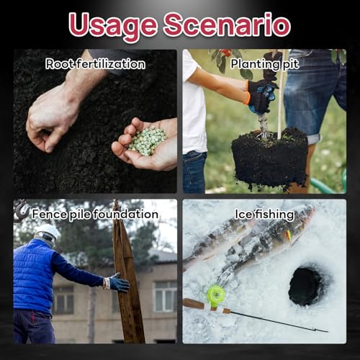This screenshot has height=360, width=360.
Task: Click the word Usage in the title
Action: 112,27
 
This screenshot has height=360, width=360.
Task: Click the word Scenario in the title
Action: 228,24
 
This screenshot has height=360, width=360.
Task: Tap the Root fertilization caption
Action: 95,64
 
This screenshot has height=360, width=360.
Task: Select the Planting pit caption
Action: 265,64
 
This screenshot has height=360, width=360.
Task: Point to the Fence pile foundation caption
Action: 95,214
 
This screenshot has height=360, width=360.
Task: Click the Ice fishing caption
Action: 264,214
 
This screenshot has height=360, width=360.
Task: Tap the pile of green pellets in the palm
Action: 147,142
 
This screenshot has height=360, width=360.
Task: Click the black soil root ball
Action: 270,158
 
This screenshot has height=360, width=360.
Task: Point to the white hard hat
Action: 48,231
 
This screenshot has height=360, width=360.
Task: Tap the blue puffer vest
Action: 34,276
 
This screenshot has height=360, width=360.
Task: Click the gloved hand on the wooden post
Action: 118,283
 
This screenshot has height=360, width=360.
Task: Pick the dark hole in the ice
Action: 306,286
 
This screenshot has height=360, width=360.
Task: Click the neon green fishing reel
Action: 216,294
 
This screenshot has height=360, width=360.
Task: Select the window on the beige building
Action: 166,296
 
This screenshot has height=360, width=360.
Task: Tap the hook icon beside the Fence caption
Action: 22,210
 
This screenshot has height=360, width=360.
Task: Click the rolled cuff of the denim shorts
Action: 313,139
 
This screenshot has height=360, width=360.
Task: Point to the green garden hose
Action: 330,184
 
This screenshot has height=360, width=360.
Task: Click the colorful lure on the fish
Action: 289,236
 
